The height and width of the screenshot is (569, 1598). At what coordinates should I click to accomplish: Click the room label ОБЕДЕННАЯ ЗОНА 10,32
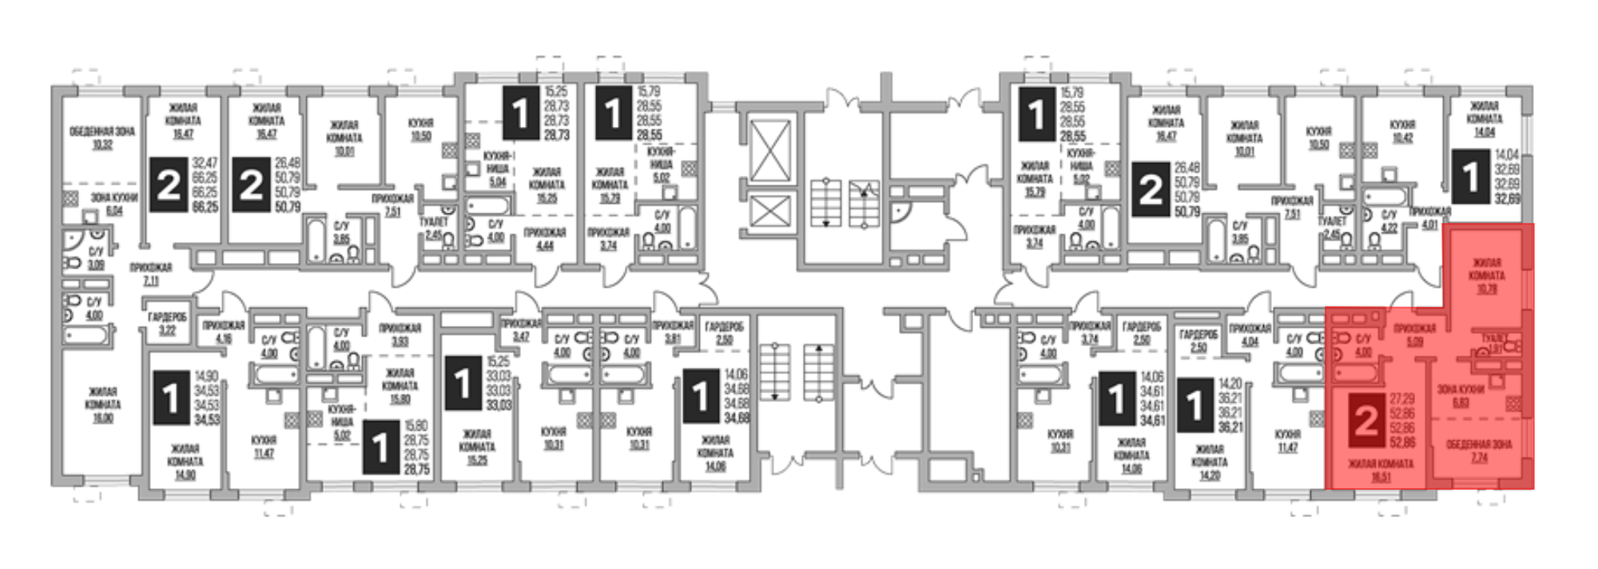[x=102, y=137]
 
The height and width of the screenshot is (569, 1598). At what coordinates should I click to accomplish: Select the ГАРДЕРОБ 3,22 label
[x=167, y=322]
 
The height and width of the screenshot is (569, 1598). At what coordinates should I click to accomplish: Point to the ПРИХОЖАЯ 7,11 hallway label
[x=150, y=274]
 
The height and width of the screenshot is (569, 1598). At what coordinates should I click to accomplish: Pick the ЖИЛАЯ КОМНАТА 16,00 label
[x=102, y=404]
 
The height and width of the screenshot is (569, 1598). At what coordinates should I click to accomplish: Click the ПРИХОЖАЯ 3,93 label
[x=399, y=334]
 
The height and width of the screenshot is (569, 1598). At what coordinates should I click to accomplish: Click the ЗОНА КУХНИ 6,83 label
[x=1461, y=396]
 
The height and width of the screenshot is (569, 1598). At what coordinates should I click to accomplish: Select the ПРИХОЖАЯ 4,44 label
[x=545, y=239]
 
